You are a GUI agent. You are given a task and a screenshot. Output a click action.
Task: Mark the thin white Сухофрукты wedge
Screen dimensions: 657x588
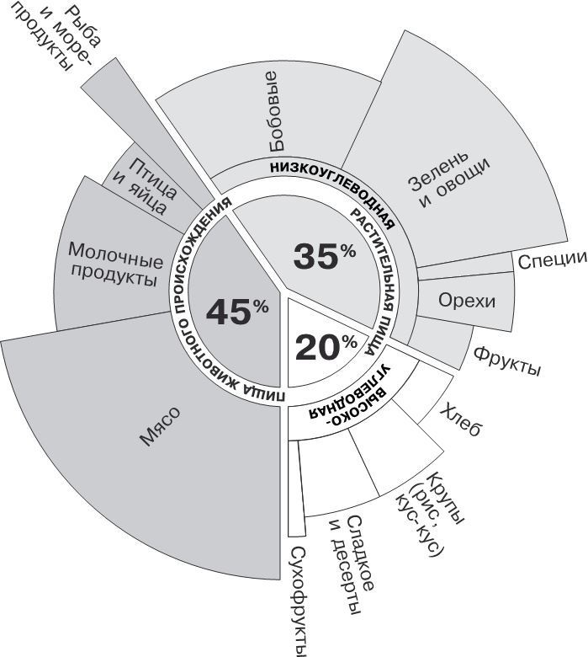(293, 489)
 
